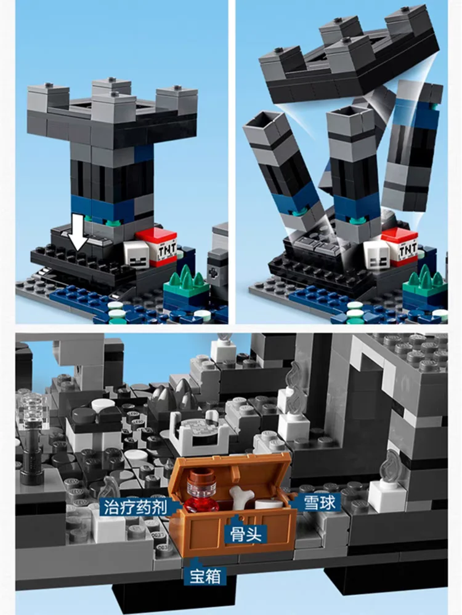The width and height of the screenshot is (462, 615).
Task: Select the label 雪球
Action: [x=319, y=503]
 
